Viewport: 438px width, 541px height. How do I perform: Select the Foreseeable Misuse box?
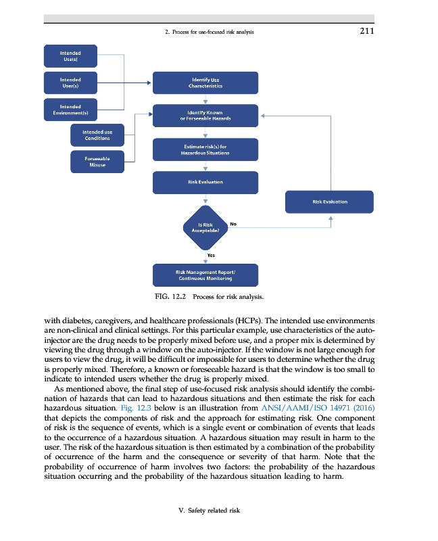[x=97, y=162]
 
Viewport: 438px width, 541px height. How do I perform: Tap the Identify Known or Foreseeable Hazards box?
[x=205, y=115]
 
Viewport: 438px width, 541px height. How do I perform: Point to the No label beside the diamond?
[x=233, y=223]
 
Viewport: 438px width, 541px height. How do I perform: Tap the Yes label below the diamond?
[x=211, y=256]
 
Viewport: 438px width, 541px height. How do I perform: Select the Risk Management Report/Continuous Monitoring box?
[x=205, y=275]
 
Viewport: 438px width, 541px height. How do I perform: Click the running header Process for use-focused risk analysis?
[x=210, y=31]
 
